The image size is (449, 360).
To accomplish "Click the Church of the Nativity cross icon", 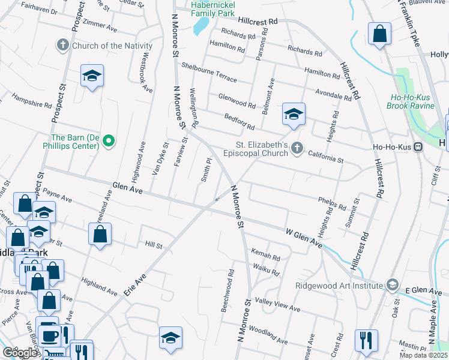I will [63, 45].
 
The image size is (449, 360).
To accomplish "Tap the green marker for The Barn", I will [109, 142].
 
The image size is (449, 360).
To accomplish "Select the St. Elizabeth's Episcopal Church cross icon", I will [297, 148].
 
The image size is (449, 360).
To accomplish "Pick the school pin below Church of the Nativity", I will [92, 76].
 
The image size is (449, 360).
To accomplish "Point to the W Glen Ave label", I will [304, 237].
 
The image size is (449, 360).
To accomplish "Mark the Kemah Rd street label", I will [266, 257].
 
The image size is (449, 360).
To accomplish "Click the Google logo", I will [20, 353].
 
